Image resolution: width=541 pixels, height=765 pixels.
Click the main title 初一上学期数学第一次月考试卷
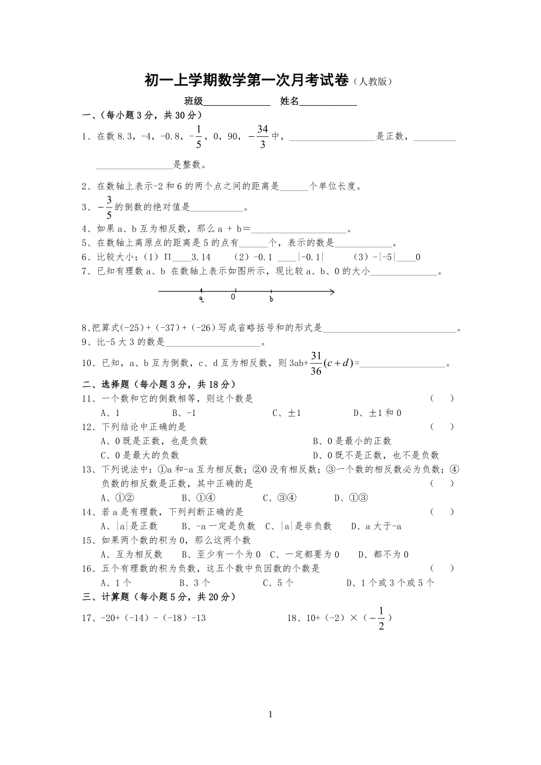pyautogui.click(x=246, y=81)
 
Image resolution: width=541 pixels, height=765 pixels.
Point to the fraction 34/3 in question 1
pyautogui.click(x=262, y=136)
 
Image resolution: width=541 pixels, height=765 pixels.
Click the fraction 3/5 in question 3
pyautogui.click(x=109, y=207)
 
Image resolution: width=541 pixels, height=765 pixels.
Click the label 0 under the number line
pyautogui.click(x=233, y=297)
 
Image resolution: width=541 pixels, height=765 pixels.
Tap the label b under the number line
pyautogui.click(x=271, y=299)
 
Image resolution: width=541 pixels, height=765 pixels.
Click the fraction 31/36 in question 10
pyautogui.click(x=316, y=363)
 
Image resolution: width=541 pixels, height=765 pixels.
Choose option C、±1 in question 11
pyautogui.click(x=286, y=413)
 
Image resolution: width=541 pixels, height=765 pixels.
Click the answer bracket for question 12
pyautogui.click(x=442, y=427)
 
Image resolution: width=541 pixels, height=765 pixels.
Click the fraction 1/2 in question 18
pyautogui.click(x=381, y=618)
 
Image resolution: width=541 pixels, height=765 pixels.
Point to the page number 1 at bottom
pyautogui.click(x=270, y=714)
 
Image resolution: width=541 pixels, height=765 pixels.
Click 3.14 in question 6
pyautogui.click(x=201, y=257)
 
